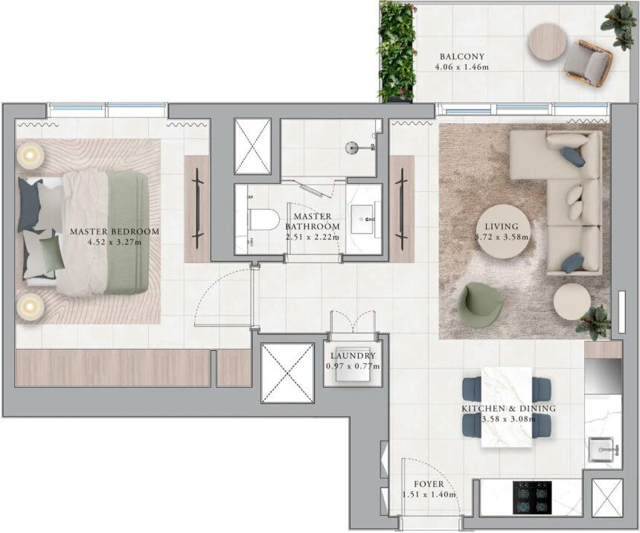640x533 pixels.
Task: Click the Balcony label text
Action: pyautogui.click(x=461, y=57)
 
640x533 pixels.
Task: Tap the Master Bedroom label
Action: pyautogui.click(x=114, y=232)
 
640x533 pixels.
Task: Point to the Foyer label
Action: pyautogui.click(x=429, y=485)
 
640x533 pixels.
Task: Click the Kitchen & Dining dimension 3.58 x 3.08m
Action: pyautogui.click(x=508, y=420)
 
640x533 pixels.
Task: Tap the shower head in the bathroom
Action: pyautogui.click(x=353, y=147)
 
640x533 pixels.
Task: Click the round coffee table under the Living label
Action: pyautogui.click(x=505, y=231)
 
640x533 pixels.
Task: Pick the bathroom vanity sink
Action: pyautogui.click(x=364, y=220)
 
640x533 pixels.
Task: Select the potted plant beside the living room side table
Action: pyautogui.click(x=594, y=321)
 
